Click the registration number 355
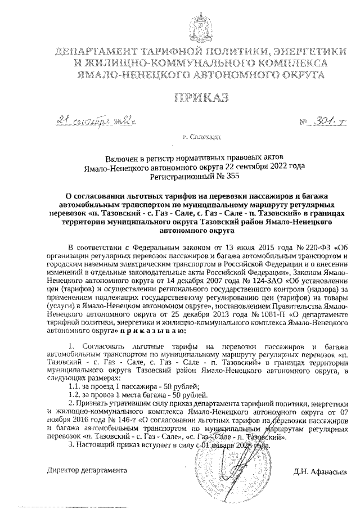(224, 175)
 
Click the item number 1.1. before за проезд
(75, 387)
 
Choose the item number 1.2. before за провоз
(75, 395)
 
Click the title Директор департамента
(87, 469)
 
